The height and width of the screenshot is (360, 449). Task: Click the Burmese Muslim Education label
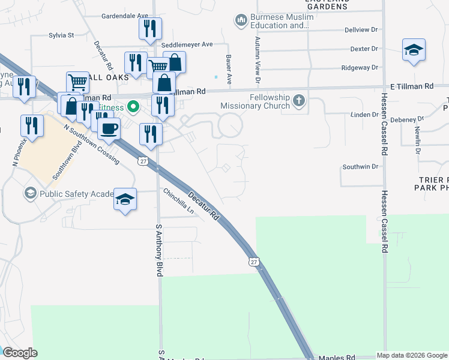(281, 21)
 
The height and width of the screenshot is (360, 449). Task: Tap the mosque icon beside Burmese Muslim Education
(241, 21)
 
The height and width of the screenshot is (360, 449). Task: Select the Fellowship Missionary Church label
(255, 101)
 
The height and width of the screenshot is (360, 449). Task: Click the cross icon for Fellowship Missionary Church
(299, 101)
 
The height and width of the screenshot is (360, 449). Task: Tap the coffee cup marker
(109, 128)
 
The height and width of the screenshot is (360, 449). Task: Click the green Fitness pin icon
(133, 108)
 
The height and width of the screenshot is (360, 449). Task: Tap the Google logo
(20, 353)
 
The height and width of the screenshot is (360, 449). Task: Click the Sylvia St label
(61, 35)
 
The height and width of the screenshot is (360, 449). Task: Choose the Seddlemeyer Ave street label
(190, 44)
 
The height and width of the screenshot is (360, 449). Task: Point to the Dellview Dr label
(361, 29)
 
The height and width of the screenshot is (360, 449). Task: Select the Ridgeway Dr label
(360, 68)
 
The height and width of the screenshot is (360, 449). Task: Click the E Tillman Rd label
(411, 86)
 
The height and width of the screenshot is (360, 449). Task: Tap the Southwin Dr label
(360, 166)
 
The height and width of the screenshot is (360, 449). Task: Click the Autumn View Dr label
(258, 59)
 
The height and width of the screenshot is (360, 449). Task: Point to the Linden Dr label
(364, 114)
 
